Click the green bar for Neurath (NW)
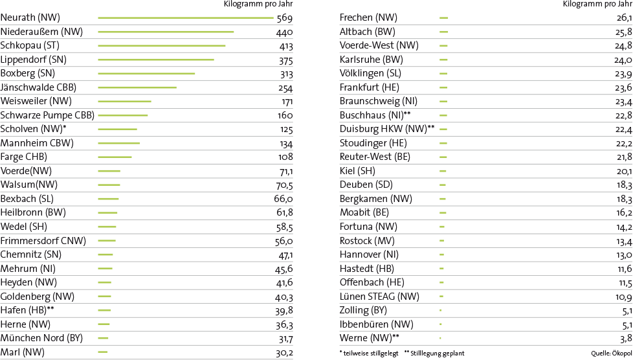[x=185, y=17]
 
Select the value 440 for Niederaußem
[x=285, y=32]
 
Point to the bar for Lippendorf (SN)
[x=155, y=60]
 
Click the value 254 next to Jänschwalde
[x=285, y=87]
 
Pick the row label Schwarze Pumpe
[x=47, y=115]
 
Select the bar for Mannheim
[x=118, y=143]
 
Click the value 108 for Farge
[x=285, y=157]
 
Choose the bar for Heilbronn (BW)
[x=107, y=213]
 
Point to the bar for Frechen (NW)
[x=444, y=17]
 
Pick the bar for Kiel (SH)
[x=443, y=171]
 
